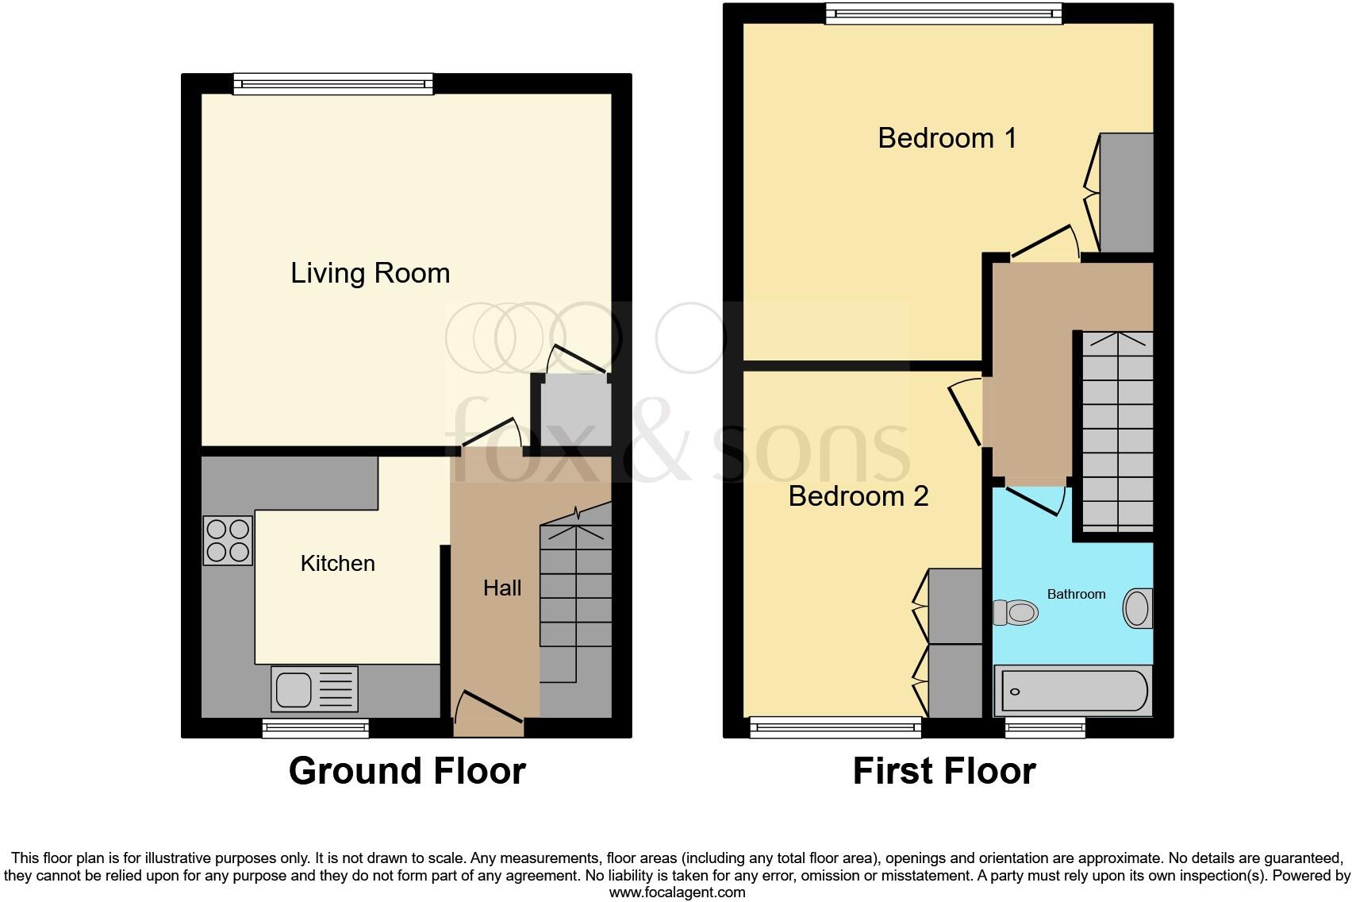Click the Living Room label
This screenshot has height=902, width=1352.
pos(370,273)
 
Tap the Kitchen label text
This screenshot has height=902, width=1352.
pos(337,564)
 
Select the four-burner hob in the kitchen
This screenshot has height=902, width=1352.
pos(228,541)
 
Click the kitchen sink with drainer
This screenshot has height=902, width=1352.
pos(314,688)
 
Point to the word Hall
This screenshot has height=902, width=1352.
pos(502,588)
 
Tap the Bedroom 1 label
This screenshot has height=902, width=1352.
pos(947,138)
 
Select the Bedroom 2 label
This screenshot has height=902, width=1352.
pos(858,496)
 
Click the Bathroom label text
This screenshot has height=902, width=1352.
pos(1076,594)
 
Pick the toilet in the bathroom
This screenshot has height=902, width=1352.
pos(1016,612)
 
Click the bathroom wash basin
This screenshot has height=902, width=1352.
pos(1138,609)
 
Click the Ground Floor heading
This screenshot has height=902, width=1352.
pos(407,771)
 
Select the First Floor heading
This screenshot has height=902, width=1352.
pos(944,771)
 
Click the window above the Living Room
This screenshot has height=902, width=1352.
pos(333,83)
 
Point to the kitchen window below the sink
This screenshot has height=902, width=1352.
pos(315,727)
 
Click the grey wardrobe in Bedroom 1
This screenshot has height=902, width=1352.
pos(1127,193)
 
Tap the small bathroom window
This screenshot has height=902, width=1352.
pos(1045,727)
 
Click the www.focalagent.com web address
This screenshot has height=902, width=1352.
pos(677,892)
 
